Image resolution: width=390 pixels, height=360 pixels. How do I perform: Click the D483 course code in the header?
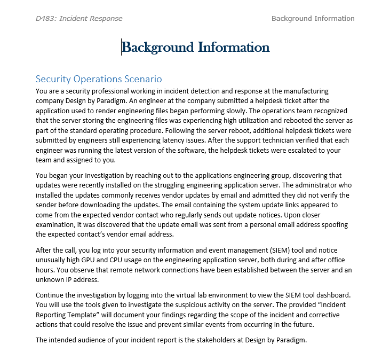point(46,19)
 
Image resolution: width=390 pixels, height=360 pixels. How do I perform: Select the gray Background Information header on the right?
point(313,19)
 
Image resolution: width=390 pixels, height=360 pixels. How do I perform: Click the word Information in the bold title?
point(234,48)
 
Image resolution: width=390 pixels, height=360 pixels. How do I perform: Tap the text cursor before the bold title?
point(122,48)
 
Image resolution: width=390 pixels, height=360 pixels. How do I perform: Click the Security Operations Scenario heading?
point(99,79)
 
